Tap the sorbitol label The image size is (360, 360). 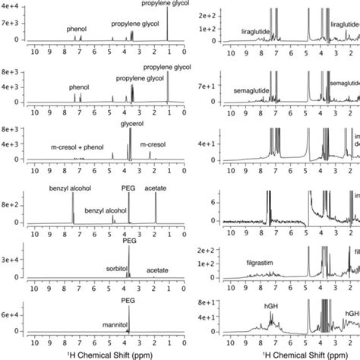click(x=115, y=268)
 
